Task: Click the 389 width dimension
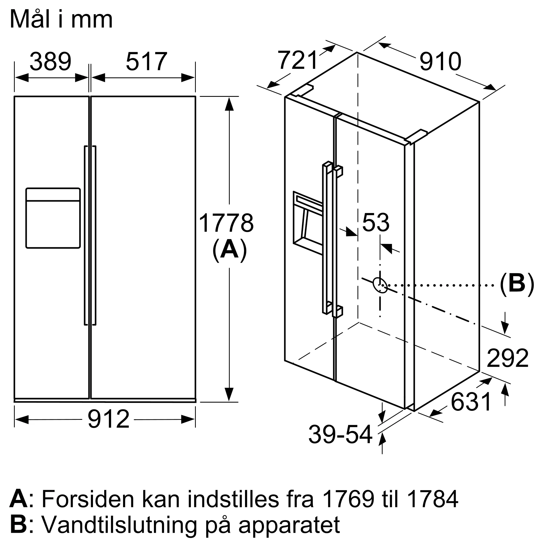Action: tap(50, 62)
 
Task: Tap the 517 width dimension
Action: tap(146, 62)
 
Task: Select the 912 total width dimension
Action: tap(108, 419)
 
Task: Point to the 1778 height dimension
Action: tap(226, 223)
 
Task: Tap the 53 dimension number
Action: tap(376, 223)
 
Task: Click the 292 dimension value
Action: tap(507, 358)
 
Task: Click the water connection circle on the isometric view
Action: tap(380, 285)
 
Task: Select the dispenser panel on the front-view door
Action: tap(53, 218)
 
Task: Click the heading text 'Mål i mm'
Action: tap(62, 19)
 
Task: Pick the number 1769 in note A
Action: tap(348, 499)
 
